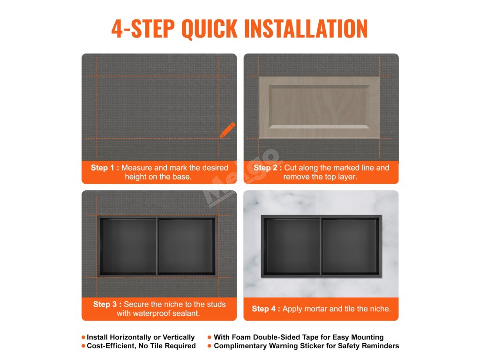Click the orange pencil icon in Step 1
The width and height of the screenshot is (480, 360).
coord(228,130)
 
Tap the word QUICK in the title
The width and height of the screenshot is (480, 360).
coord(210,29)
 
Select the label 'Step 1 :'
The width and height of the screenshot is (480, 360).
coord(105,168)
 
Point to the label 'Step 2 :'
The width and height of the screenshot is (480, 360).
coord(268,168)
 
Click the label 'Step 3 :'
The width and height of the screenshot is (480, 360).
coord(107,304)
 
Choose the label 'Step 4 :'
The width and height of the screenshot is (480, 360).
coord(266,309)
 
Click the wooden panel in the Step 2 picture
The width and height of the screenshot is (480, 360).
coord(319,107)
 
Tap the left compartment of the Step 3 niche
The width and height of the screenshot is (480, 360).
coord(128,246)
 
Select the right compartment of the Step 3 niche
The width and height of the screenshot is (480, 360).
coord(186,246)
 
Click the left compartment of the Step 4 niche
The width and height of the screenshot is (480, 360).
coord(292,247)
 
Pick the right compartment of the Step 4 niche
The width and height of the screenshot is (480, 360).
coord(350,247)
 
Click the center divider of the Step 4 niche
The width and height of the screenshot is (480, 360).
coord(321,247)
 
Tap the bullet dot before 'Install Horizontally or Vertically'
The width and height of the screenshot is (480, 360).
coord(83,337)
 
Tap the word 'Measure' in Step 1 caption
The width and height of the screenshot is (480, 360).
coord(136,168)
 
